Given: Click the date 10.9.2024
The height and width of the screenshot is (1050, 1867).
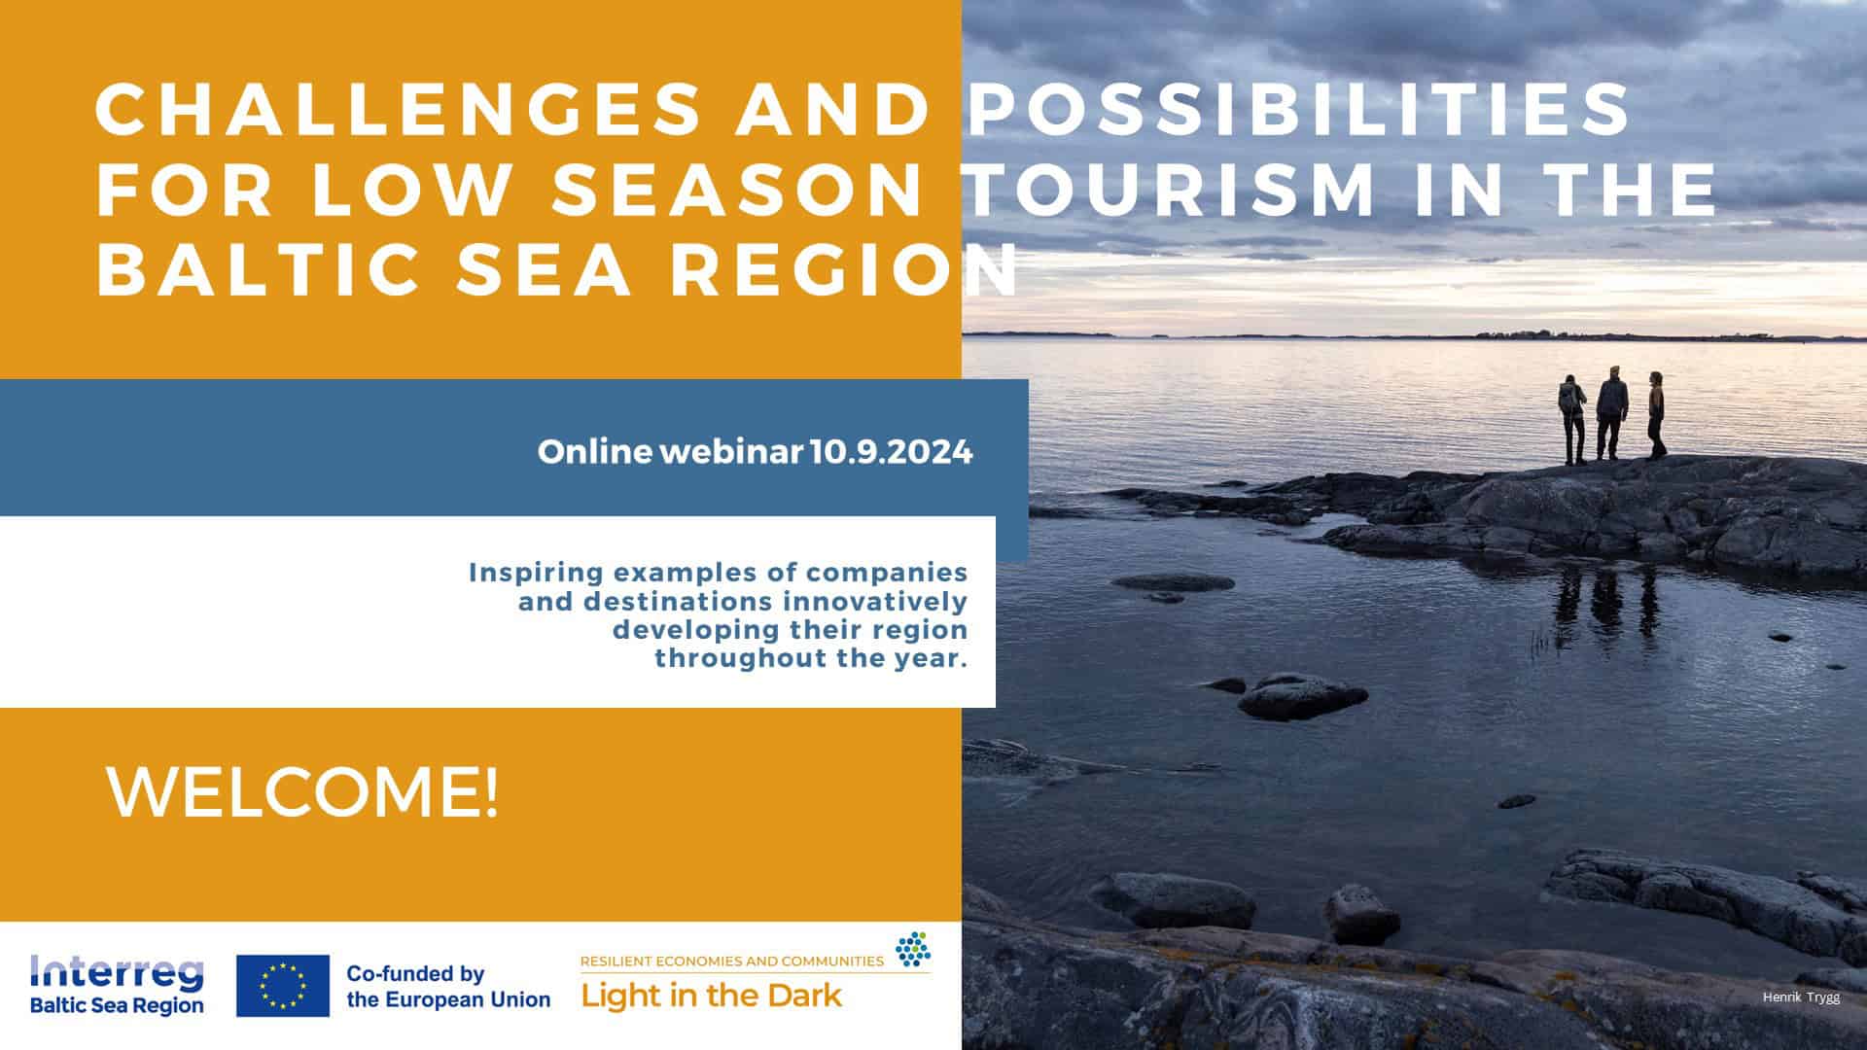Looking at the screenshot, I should pos(891,452).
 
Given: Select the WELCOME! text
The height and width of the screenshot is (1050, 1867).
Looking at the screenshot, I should pos(302,792).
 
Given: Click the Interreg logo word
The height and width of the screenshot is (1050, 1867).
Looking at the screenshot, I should pos(118,970).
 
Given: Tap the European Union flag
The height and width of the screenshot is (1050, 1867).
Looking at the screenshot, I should pos(283,986).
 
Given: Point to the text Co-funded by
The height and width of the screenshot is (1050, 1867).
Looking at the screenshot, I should pos(415,973).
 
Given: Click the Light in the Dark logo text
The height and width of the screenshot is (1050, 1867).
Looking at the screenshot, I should pos(712,996).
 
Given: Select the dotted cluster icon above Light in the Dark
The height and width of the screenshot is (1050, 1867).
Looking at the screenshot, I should pos(912,949).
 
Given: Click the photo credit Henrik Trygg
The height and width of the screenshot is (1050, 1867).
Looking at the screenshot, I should pos(1801,997).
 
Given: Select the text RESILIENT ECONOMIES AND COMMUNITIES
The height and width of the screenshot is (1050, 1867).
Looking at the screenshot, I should pos(731,962).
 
